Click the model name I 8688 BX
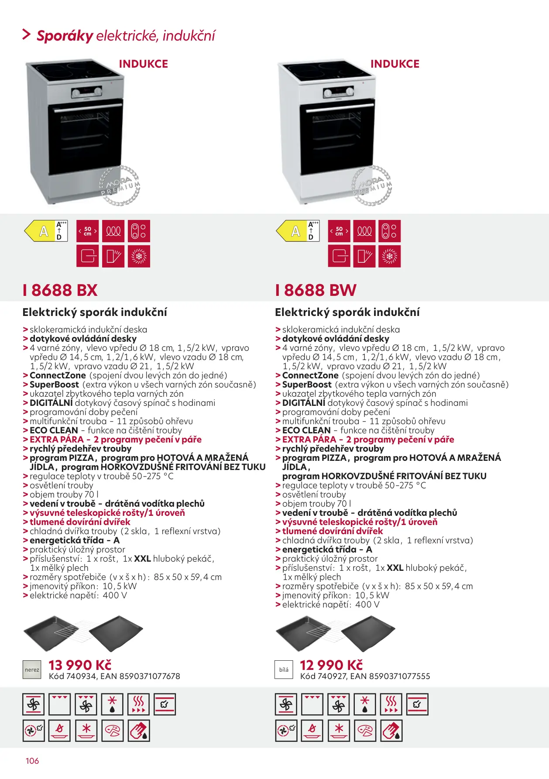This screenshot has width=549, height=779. (60, 290)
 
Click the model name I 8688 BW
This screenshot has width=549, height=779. (316, 290)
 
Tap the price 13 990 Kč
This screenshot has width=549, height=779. (80, 665)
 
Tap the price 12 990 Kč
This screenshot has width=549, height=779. (331, 665)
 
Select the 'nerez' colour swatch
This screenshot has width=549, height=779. (32, 670)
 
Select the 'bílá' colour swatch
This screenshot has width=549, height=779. (284, 670)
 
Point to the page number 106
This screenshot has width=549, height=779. (32, 761)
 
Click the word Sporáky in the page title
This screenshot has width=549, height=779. (65, 36)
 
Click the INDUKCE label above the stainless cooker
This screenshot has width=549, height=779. (143, 64)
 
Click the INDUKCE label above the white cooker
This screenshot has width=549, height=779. (395, 64)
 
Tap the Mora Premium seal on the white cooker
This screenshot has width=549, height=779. (372, 186)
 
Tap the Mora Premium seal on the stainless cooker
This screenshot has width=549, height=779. (120, 186)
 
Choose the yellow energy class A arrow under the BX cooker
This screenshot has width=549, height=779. (41, 231)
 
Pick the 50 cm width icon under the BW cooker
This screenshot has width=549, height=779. (339, 231)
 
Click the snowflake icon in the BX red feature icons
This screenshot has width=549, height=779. (139, 256)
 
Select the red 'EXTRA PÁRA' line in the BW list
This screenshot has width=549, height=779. (368, 439)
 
